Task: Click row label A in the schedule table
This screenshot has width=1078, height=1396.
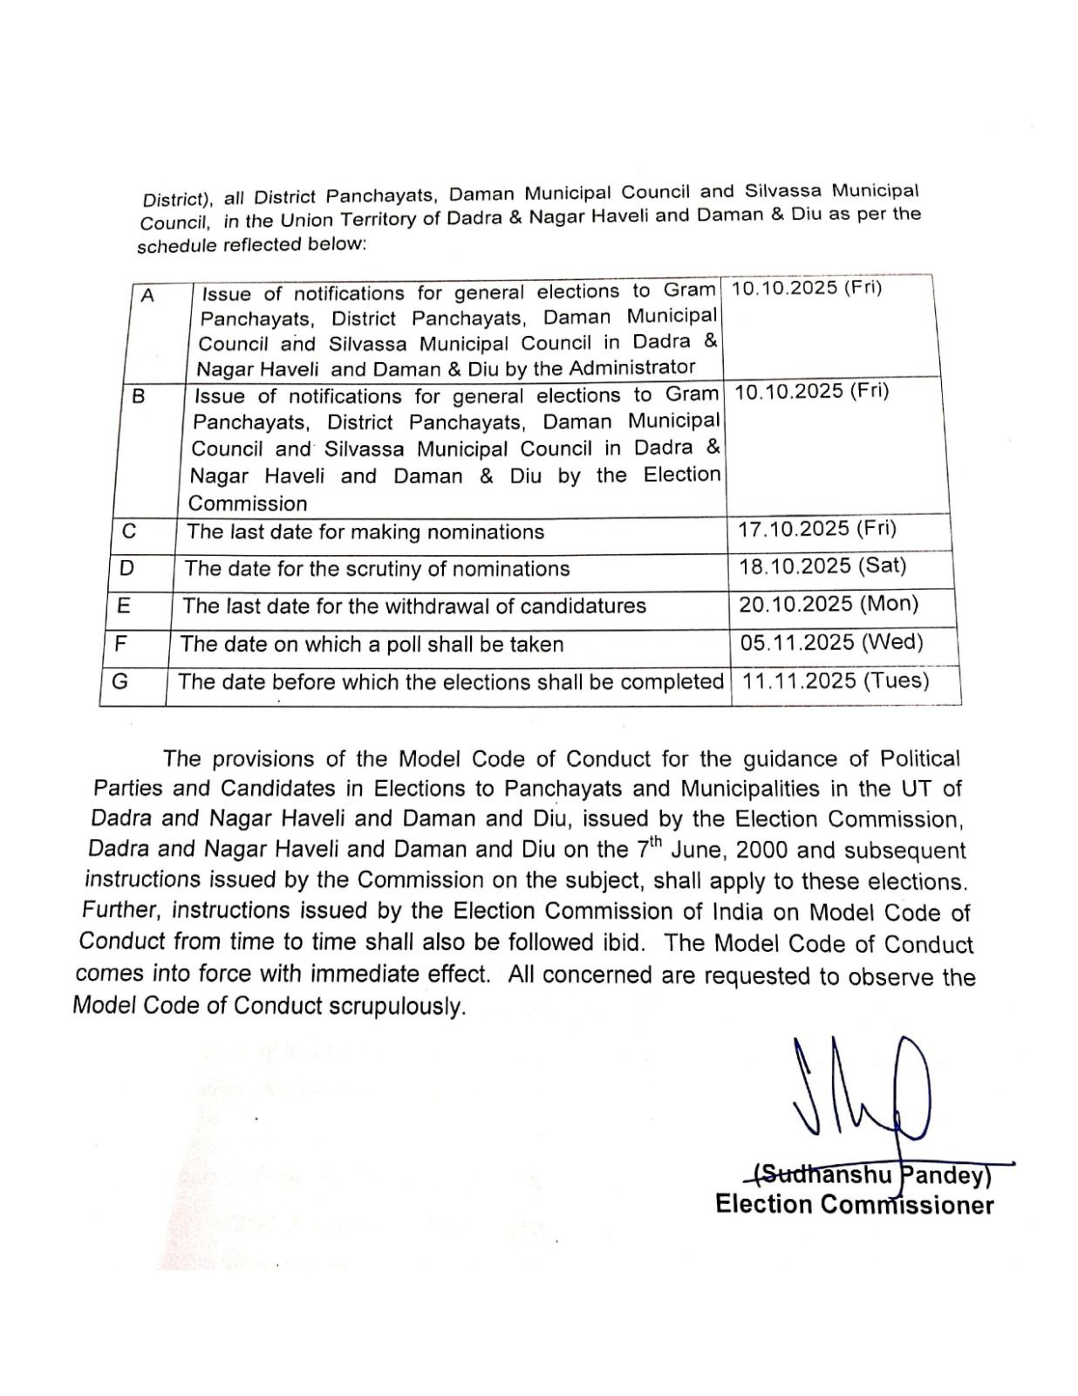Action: click(x=147, y=296)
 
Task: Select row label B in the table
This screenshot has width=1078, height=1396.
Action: click(x=139, y=396)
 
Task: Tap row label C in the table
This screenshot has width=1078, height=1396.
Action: click(x=129, y=530)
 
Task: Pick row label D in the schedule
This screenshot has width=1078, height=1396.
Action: click(x=126, y=568)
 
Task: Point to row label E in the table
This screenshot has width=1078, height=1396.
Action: click(x=123, y=606)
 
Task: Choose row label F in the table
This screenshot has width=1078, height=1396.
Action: click(x=121, y=644)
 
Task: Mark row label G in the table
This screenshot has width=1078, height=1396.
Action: click(x=119, y=681)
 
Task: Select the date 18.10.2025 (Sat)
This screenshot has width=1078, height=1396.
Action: click(x=822, y=565)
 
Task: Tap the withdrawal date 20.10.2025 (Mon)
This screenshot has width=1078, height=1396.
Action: click(x=829, y=604)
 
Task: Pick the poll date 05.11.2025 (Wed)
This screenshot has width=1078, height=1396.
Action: click(x=831, y=642)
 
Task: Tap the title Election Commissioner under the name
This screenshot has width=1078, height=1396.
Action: click(x=854, y=1205)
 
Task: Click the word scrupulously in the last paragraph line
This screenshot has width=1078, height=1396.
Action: click(x=397, y=1006)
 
